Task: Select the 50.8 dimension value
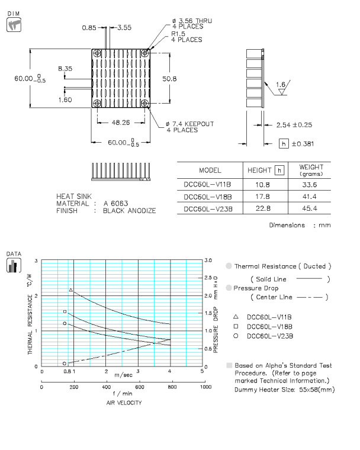(x=171, y=78)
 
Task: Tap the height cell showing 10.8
(x=262, y=184)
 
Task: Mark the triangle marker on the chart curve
(x=71, y=290)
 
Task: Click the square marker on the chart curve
(x=65, y=311)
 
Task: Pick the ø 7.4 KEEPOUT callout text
(x=189, y=124)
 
